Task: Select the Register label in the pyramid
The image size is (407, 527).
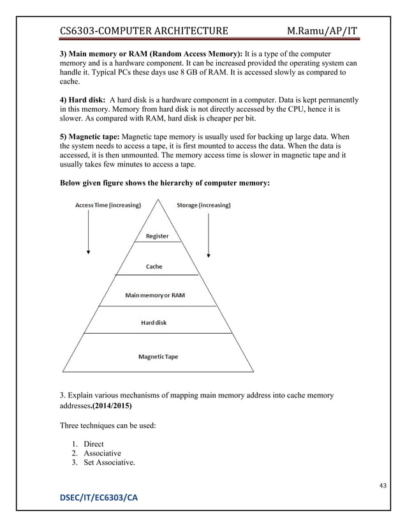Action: [157, 236]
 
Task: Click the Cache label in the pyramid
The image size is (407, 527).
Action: [154, 267]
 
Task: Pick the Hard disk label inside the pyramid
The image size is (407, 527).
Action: [154, 323]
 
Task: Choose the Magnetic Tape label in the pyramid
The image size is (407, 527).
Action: [158, 357]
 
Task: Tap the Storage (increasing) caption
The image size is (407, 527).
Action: [204, 205]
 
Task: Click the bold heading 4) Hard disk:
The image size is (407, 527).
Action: [82, 100]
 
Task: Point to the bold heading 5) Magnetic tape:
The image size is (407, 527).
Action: [89, 137]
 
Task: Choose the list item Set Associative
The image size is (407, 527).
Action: [106, 464]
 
